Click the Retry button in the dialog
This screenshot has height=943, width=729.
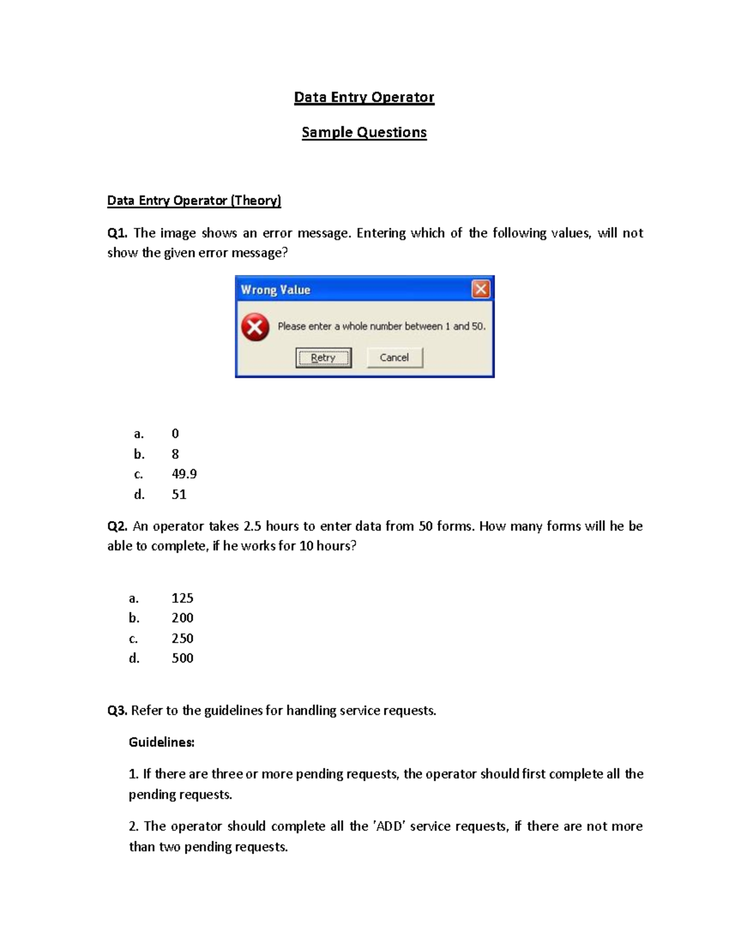point(323,358)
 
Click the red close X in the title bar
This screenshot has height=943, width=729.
point(481,290)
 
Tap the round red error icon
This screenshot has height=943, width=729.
point(255,327)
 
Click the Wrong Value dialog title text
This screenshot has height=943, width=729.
point(275,290)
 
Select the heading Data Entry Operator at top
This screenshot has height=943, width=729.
point(364,97)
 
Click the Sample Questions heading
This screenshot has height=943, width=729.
point(364,132)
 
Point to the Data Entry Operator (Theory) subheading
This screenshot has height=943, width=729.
point(194,200)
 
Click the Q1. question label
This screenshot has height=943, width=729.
point(117,233)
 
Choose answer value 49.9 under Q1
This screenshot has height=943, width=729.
point(184,474)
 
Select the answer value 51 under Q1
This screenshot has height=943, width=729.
point(179,494)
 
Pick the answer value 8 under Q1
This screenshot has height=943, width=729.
point(175,454)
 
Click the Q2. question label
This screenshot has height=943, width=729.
point(117,526)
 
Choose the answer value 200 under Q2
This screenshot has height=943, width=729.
point(182,618)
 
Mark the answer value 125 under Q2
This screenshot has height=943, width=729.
point(182,597)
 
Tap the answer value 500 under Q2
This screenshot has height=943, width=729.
point(182,658)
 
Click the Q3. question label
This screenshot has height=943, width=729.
point(117,710)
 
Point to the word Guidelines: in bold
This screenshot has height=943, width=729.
point(162,742)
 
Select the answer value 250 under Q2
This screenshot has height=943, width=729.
point(182,638)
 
